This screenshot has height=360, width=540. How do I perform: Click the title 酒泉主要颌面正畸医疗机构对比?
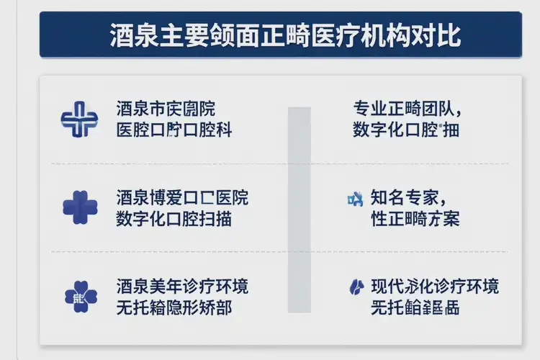tap(285, 35)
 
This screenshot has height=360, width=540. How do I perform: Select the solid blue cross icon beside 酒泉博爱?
tap(80, 207)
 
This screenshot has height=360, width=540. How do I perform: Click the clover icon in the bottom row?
tap(80, 296)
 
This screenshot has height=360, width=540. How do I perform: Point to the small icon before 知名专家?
tap(355, 197)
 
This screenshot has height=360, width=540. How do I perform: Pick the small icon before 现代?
tap(355, 286)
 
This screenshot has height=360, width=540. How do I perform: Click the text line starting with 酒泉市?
tap(166, 109)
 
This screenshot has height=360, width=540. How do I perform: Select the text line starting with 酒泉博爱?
tap(181, 197)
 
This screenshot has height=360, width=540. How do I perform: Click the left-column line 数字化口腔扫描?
tap(174, 219)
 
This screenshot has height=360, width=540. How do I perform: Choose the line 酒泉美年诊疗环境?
tap(181, 286)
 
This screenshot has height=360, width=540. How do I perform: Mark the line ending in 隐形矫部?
tap(174, 307)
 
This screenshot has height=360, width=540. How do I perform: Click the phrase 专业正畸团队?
tap(407, 109)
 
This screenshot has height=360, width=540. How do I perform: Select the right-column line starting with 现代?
tap(434, 286)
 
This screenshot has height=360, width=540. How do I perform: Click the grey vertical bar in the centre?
tap(300, 210)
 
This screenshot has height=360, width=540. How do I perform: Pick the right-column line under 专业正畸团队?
tap(407, 130)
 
